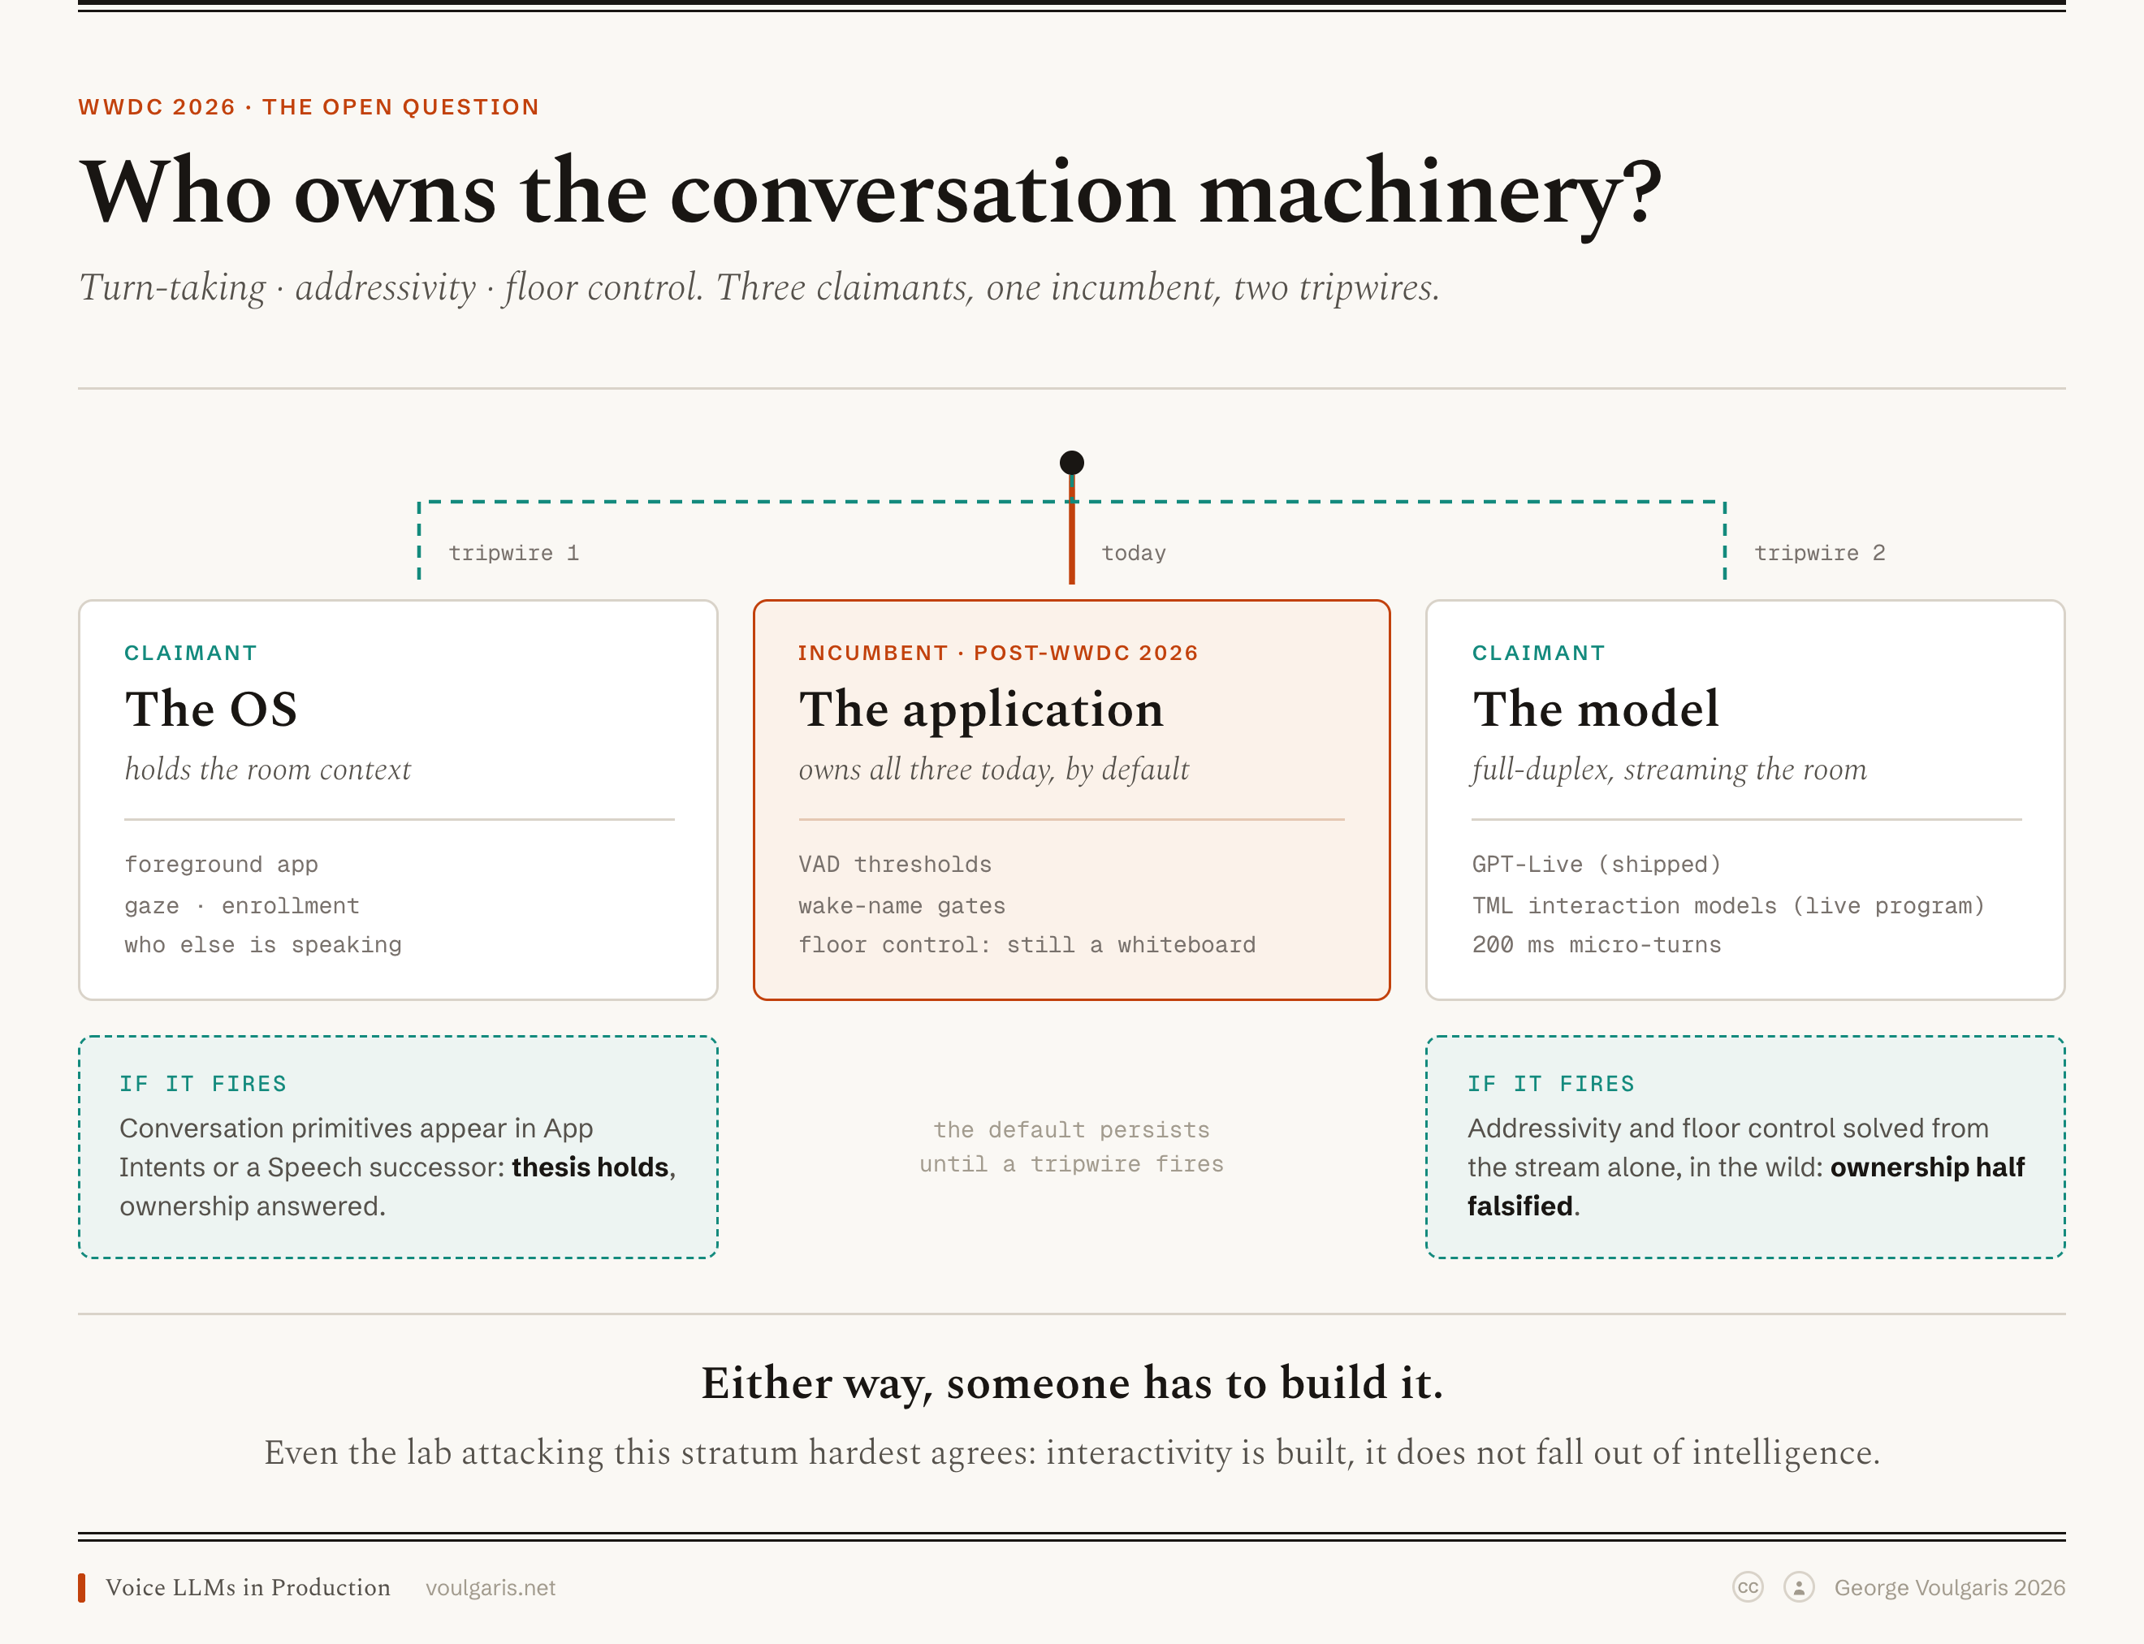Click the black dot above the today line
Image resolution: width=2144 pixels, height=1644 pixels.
(1072, 462)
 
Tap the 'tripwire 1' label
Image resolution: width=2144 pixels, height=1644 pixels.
(514, 553)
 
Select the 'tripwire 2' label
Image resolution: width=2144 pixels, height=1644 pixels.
(1819, 553)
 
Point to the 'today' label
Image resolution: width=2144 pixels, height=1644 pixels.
(1134, 553)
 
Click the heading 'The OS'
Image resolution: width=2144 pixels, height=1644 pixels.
(210, 709)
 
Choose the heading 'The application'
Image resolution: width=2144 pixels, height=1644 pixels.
(981, 710)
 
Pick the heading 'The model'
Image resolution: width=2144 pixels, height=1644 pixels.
(1595, 709)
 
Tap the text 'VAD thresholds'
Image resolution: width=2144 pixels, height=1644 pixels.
(895, 864)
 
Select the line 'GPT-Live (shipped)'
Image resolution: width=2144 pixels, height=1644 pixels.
(1596, 864)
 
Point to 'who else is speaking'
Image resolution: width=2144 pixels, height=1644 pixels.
(262, 944)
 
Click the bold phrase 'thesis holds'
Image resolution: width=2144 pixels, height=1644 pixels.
(590, 1167)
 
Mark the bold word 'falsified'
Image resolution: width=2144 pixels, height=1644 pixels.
(1519, 1206)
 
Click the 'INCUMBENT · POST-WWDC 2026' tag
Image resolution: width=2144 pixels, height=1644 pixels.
(997, 653)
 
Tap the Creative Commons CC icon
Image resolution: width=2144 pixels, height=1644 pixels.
(1748, 1587)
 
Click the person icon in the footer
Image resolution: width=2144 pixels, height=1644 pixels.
(1798, 1587)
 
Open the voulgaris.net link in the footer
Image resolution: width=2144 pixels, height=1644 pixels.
(491, 1587)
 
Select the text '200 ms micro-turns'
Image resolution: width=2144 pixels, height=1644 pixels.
(1596, 944)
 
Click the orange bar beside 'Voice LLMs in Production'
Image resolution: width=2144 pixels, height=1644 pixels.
(82, 1587)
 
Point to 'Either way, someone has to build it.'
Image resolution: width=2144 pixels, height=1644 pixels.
(1072, 1383)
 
